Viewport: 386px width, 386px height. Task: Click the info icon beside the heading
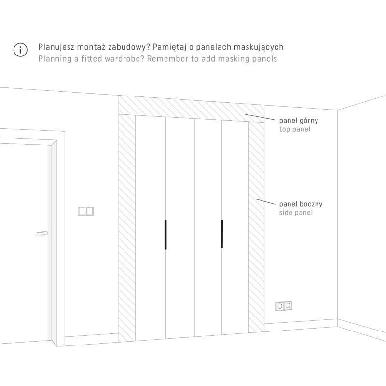point(20,50)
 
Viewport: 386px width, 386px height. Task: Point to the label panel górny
point(299,121)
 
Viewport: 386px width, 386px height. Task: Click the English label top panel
point(295,129)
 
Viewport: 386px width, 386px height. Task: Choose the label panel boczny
point(301,204)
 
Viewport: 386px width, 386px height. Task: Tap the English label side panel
point(296,213)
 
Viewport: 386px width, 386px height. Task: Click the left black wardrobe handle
point(165,234)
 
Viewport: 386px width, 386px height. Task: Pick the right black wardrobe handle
point(222,234)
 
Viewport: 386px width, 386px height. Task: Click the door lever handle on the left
point(42,233)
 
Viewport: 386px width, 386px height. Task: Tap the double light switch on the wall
point(86,211)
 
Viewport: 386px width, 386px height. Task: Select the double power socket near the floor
point(284,306)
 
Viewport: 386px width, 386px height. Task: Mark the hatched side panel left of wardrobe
point(127,228)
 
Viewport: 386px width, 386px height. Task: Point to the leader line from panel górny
point(260,117)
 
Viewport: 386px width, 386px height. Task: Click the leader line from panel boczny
point(266,202)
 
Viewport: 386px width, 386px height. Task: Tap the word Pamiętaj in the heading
point(170,47)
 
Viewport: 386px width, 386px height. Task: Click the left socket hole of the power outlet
point(280,306)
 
